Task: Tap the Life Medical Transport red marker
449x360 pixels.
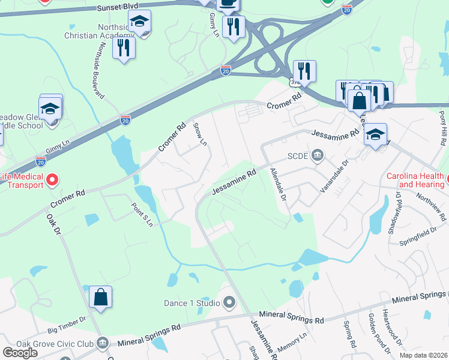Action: click(x=52, y=179)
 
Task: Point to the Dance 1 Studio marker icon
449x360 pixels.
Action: click(x=229, y=302)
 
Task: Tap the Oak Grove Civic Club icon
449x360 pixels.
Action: click(x=103, y=343)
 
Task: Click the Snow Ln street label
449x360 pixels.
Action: click(x=200, y=135)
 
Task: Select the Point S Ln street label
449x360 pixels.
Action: click(x=142, y=214)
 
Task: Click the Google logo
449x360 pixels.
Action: click(x=20, y=353)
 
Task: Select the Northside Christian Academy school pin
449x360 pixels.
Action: click(x=140, y=22)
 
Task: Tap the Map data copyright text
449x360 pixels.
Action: click(x=423, y=356)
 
